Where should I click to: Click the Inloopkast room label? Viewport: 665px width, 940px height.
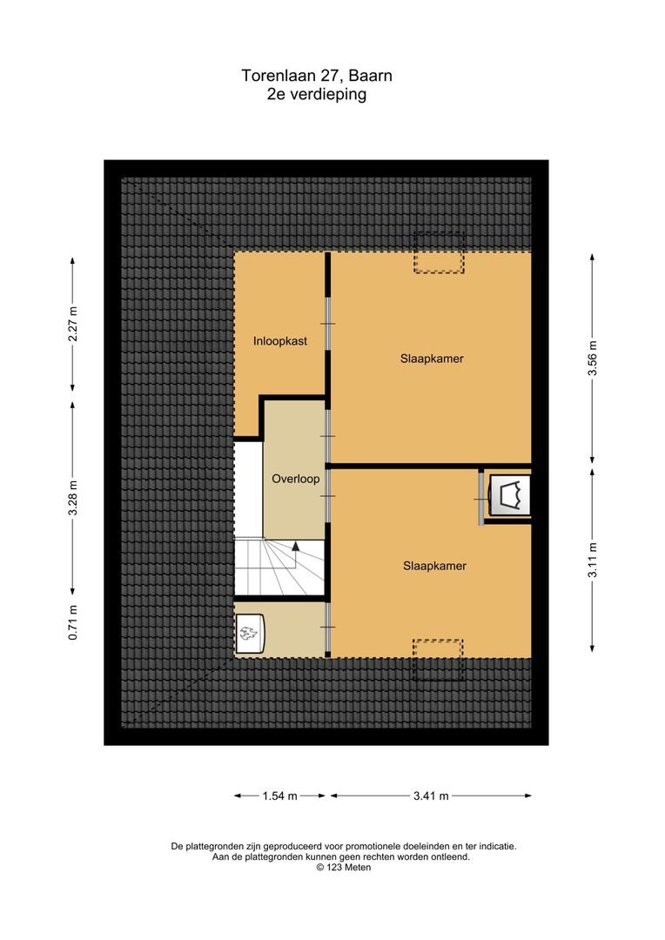tap(280, 341)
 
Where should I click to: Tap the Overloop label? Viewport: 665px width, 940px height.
tap(296, 479)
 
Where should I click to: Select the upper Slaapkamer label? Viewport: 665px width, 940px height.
tap(432, 359)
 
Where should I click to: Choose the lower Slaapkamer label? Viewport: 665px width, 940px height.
tap(434, 566)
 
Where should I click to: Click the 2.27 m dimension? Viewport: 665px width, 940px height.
tap(72, 324)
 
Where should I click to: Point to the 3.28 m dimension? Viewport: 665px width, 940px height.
tap(72, 498)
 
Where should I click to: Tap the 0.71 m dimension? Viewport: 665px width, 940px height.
tap(72, 622)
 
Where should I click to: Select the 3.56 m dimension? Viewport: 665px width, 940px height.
tap(593, 359)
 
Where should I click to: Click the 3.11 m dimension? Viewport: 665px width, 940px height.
tap(593, 560)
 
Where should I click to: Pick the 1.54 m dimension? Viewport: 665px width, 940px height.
tap(279, 796)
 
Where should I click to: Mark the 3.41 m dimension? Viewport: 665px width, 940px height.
tap(431, 796)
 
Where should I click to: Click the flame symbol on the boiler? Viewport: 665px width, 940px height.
tap(249, 633)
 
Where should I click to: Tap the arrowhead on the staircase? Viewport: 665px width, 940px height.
tap(295, 546)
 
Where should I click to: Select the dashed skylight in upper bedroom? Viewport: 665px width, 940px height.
tap(439, 253)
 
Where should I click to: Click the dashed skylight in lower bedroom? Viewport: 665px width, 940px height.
tap(438, 660)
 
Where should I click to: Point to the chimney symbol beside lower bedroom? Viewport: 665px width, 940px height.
tap(510, 495)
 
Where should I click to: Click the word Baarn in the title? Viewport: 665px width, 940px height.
tap(370, 76)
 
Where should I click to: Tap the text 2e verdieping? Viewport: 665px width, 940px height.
tap(317, 94)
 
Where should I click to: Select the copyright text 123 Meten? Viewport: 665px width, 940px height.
tap(344, 867)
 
